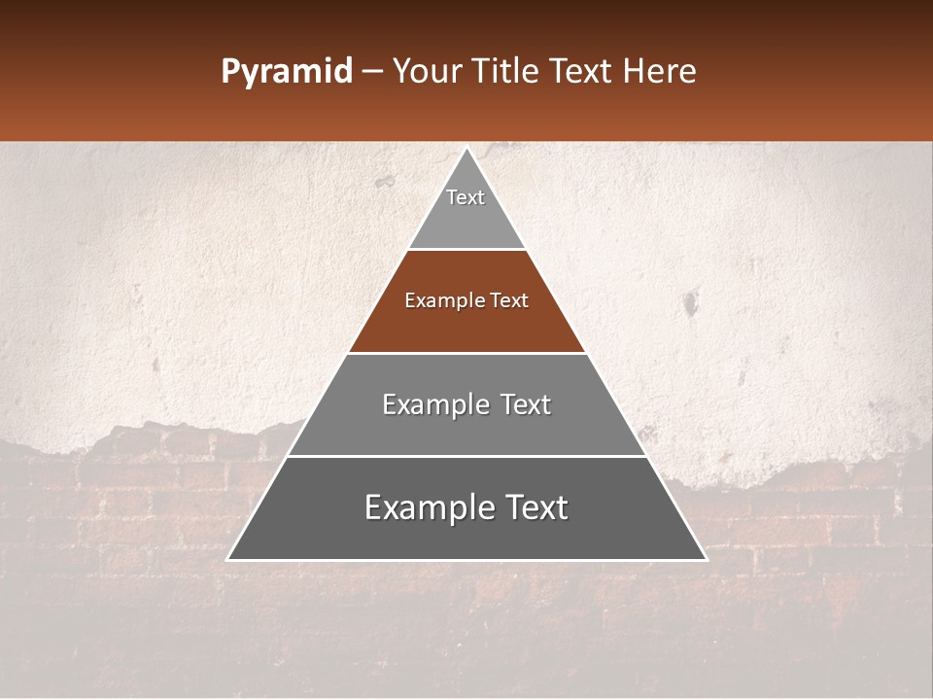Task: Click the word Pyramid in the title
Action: click(x=286, y=72)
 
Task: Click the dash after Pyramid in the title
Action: click(x=371, y=72)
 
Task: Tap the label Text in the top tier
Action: click(x=466, y=197)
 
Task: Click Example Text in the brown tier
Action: click(x=466, y=300)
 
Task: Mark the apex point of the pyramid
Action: click(x=467, y=149)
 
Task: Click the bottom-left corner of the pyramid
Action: click(x=228, y=559)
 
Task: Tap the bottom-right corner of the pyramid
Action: click(x=706, y=559)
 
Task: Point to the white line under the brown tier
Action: click(x=466, y=353)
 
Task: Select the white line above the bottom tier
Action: click(x=466, y=456)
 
